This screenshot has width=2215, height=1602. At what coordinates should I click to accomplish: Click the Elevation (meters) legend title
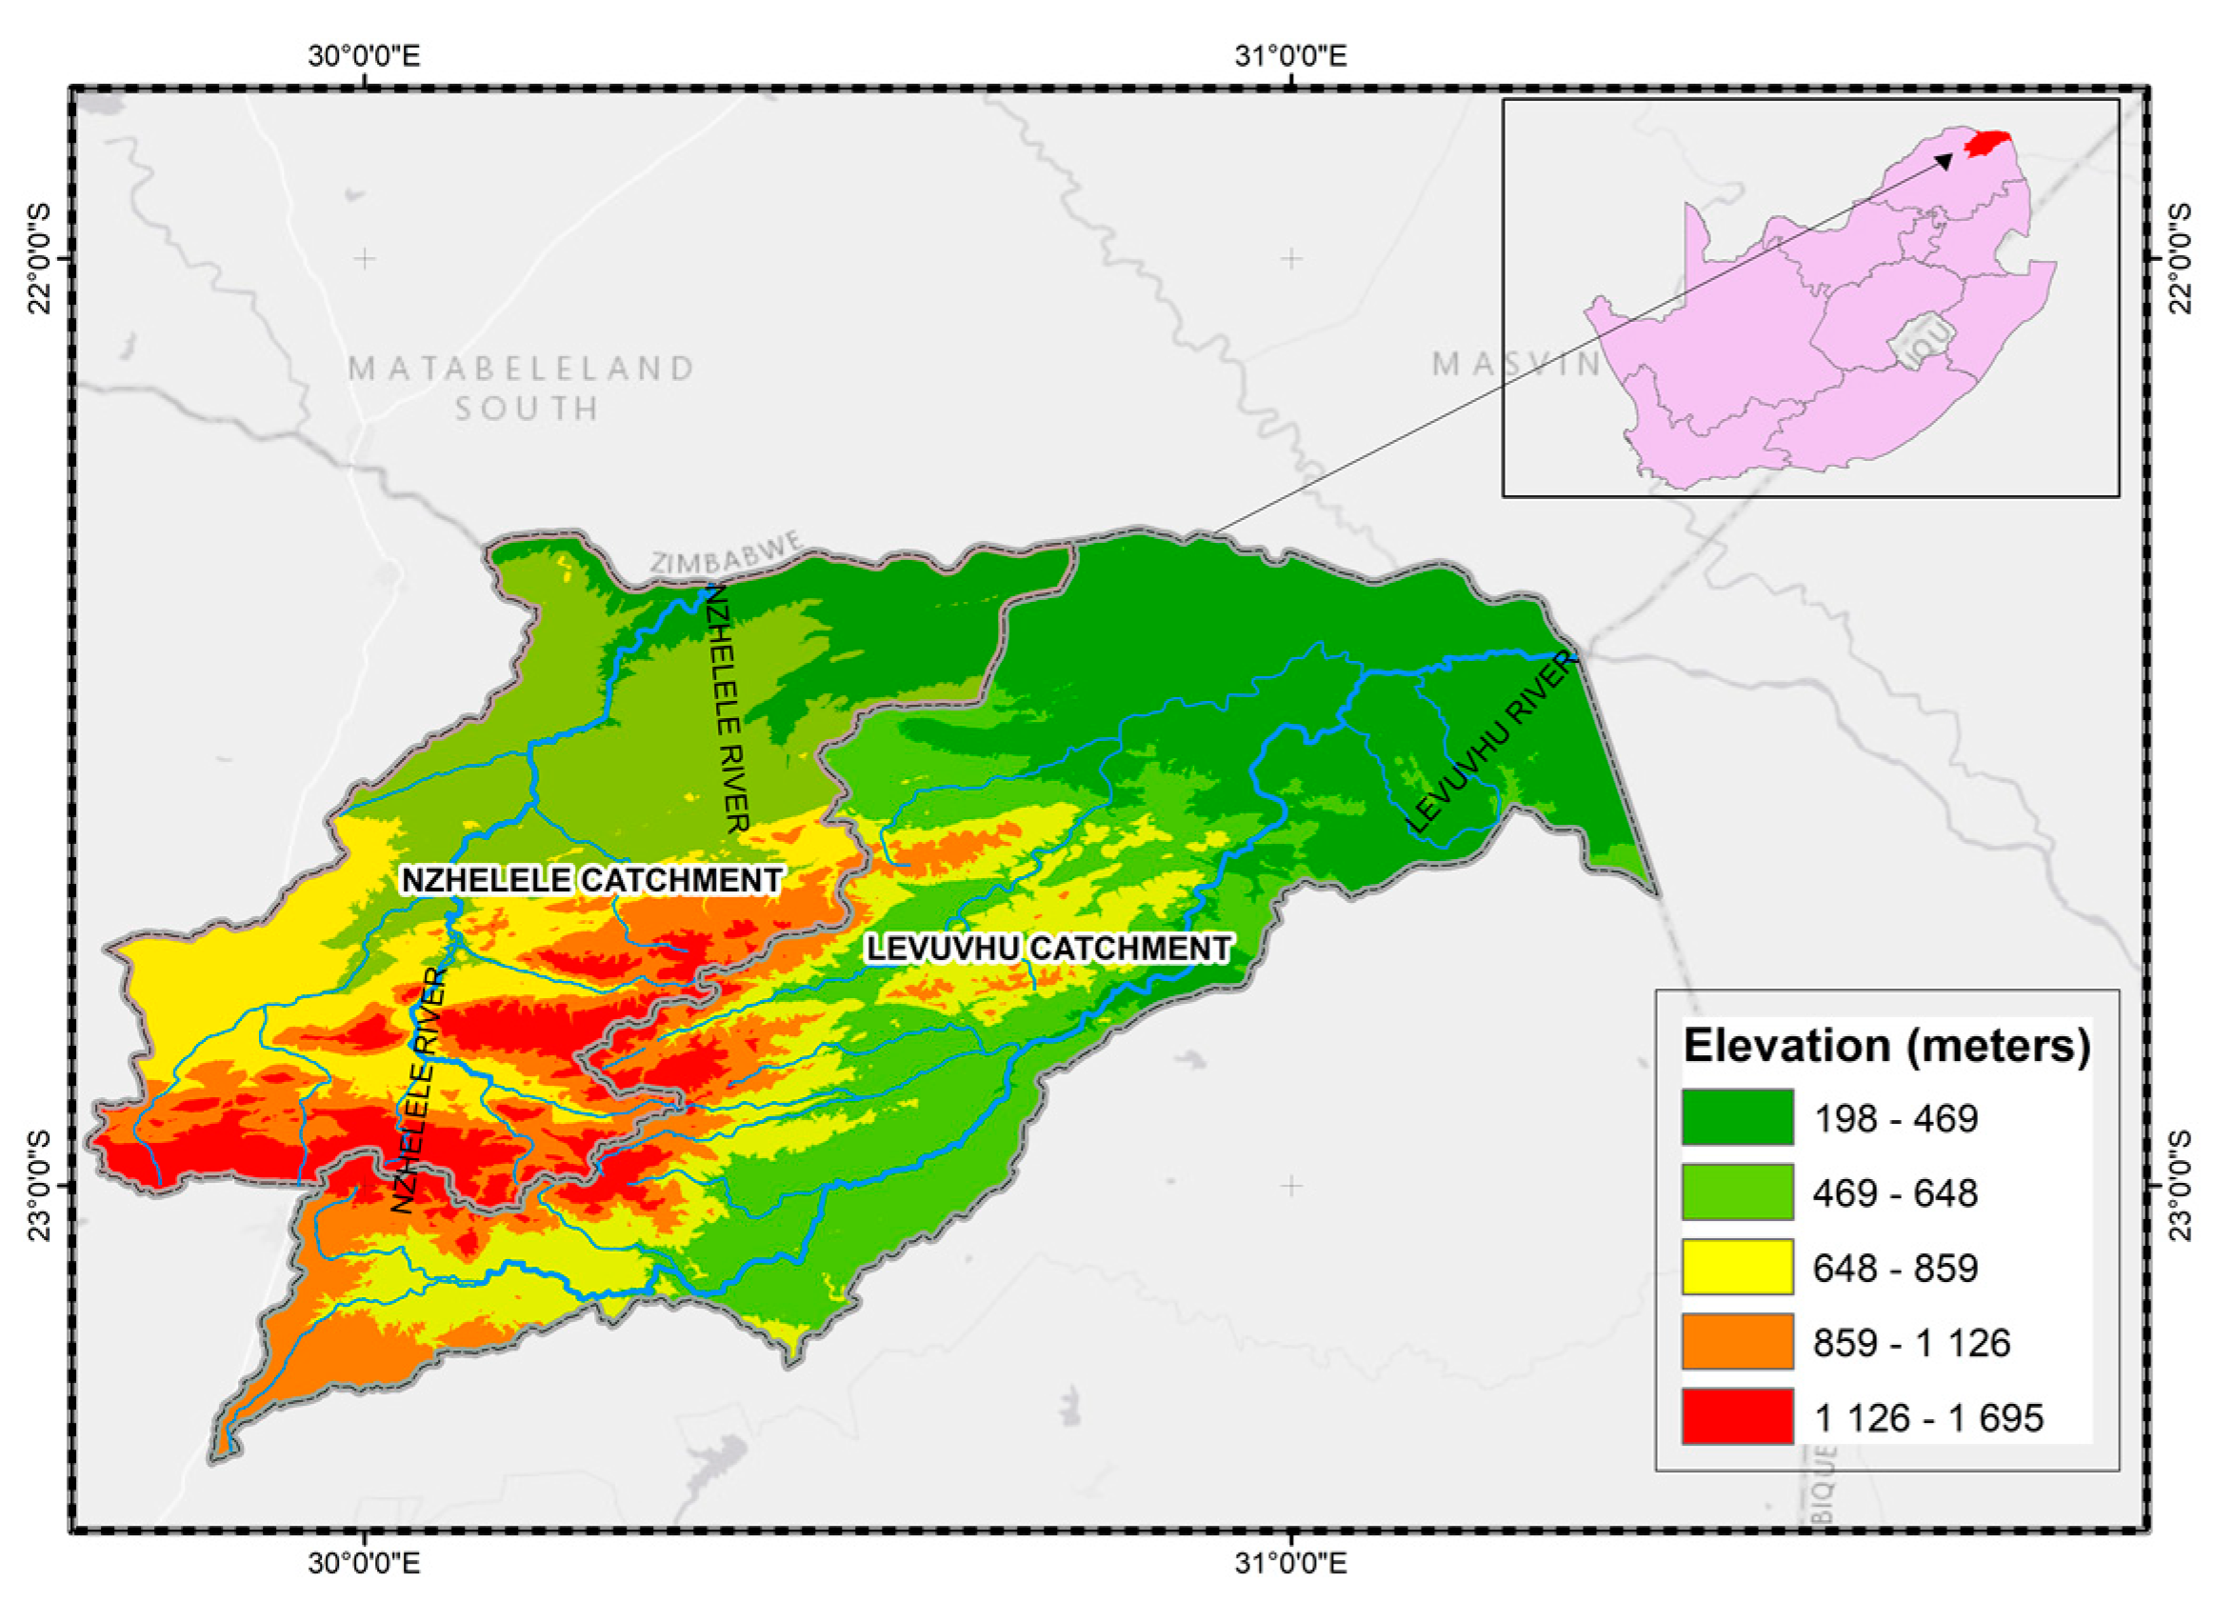point(1886,1046)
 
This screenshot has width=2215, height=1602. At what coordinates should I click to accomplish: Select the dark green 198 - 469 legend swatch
point(1736,1117)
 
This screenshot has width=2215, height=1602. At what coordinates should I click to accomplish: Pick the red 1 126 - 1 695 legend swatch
point(1736,1416)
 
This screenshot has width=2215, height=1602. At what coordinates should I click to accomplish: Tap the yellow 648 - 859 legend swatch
point(1736,1267)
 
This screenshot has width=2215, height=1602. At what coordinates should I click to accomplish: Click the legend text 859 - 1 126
point(1911,1343)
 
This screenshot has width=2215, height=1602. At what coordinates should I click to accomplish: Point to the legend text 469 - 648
point(1895,1193)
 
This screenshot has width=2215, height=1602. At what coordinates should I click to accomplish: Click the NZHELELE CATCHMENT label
point(591,880)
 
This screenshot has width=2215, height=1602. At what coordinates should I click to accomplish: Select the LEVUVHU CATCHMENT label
point(1048,949)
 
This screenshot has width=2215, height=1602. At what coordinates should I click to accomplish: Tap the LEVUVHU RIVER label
point(1491,742)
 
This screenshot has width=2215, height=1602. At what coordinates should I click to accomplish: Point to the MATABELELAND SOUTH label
point(524,388)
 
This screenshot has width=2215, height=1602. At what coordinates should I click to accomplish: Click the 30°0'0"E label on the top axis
point(364,55)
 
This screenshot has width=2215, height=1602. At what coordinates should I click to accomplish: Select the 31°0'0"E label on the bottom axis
point(1290,1564)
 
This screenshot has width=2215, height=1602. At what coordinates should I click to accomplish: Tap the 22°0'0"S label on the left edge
point(40,258)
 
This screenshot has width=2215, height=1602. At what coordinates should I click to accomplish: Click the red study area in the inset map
point(1986,144)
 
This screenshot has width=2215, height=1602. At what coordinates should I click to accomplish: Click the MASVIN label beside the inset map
point(1515,365)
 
